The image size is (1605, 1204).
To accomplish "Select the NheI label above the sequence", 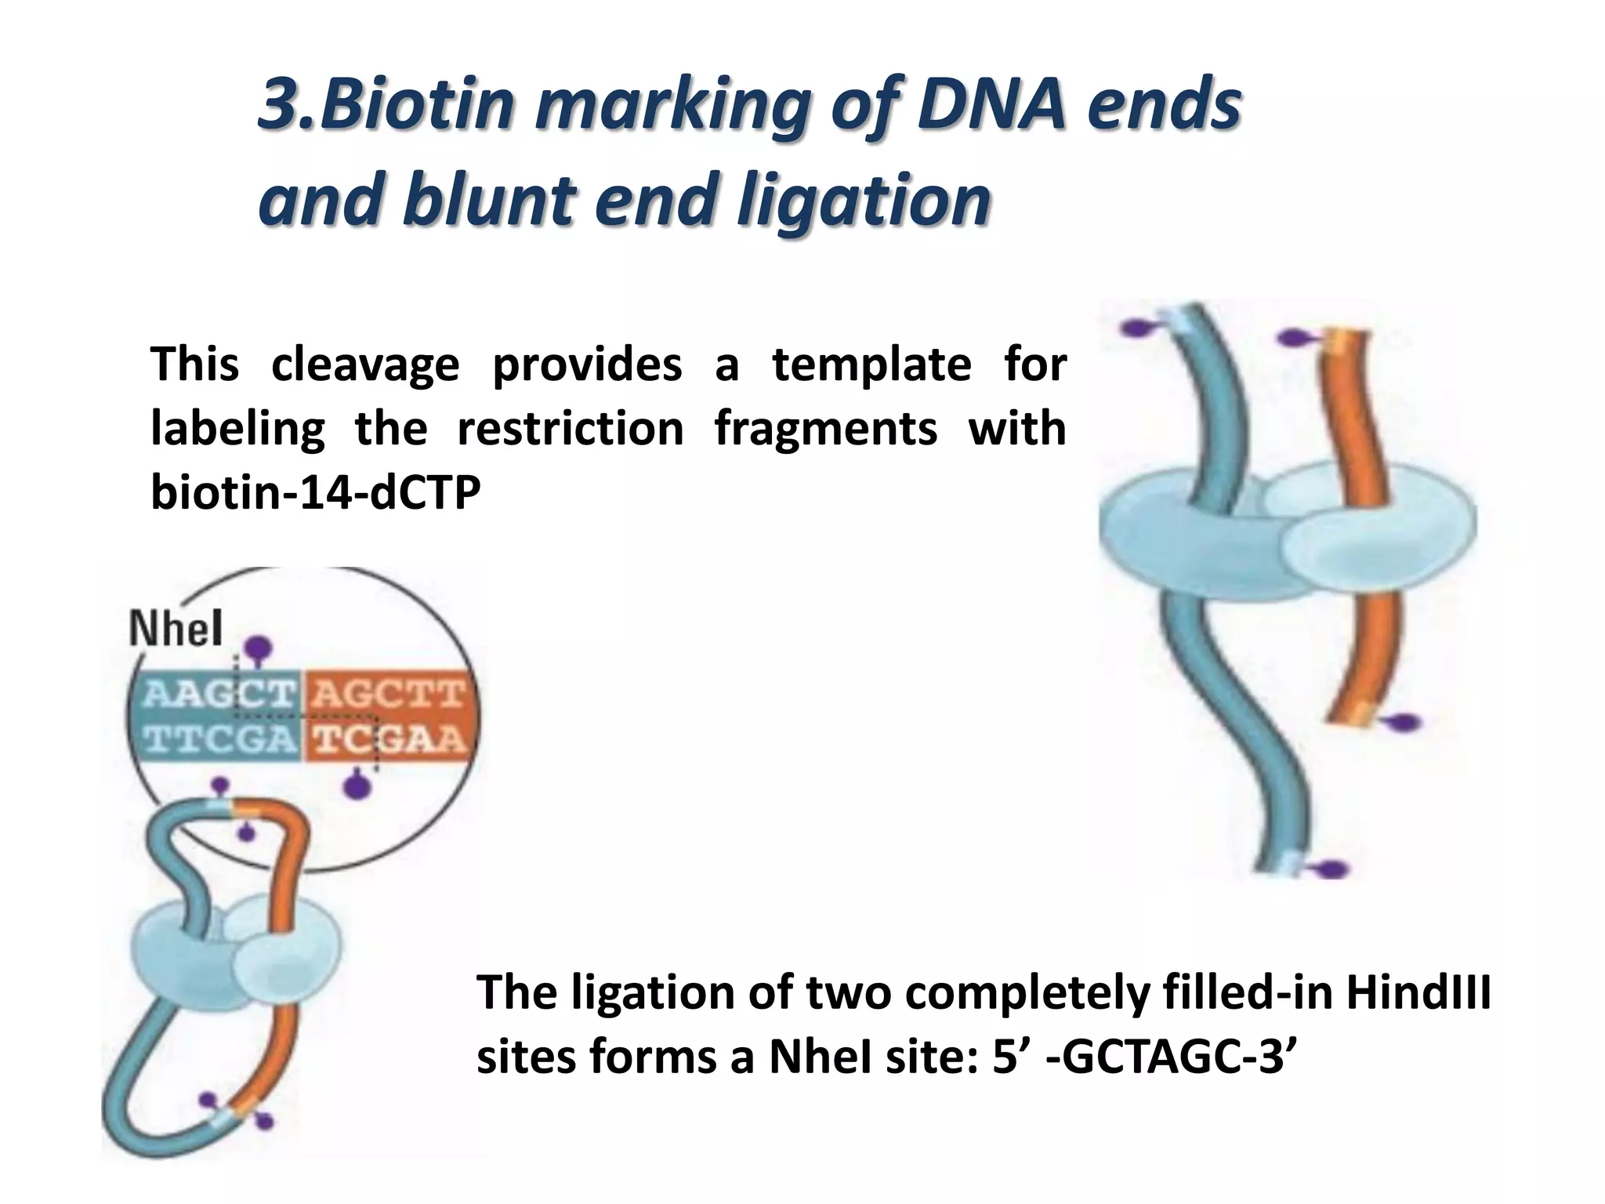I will click(x=176, y=629).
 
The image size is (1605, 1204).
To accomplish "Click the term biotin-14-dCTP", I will click(x=315, y=493).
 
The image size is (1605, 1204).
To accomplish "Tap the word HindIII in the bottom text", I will click(x=1418, y=992).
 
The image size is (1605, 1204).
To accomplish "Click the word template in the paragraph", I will click(x=871, y=364).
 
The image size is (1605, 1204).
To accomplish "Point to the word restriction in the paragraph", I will click(x=570, y=429).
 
